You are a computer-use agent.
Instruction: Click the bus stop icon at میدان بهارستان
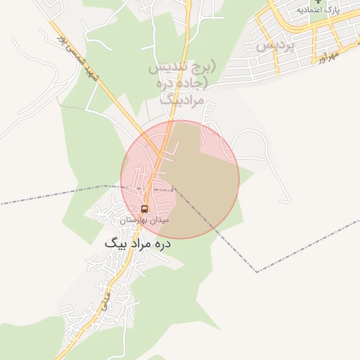[145, 209]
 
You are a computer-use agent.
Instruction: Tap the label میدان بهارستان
[144, 220]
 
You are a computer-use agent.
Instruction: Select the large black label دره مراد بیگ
[138, 243]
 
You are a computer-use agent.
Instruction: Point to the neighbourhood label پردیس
[274, 44]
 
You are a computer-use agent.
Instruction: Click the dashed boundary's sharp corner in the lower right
[257, 271]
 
